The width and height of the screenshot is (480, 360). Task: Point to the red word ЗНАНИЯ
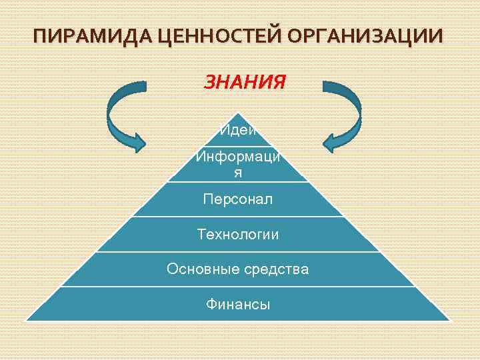tap(245, 83)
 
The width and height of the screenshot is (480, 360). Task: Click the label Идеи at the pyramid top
tap(238, 129)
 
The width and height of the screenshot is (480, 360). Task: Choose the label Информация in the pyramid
tap(238, 164)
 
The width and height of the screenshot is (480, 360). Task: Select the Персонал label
tap(238, 199)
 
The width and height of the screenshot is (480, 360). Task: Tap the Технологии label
tap(238, 235)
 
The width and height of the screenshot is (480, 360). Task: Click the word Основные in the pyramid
tap(199, 269)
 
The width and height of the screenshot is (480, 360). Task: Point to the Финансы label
tap(238, 305)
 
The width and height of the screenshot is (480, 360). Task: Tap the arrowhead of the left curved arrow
tap(137, 141)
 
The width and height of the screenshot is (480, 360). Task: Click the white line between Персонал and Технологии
tap(238, 217)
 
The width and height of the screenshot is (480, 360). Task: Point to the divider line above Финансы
tap(238, 287)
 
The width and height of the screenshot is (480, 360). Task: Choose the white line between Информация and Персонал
tap(238, 181)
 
